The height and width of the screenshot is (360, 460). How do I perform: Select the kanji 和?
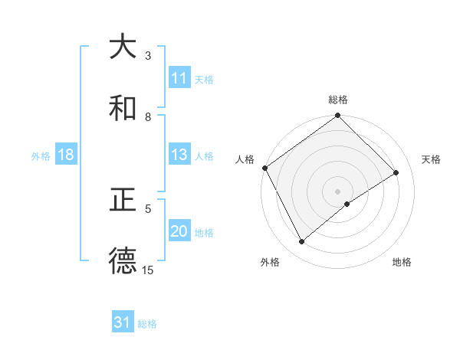[123, 109]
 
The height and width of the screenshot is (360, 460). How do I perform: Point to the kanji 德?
[123, 262]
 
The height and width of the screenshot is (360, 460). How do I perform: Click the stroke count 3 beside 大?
[148, 55]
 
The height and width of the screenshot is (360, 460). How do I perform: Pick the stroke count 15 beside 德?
[148, 270]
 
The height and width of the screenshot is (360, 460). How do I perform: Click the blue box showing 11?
[179, 78]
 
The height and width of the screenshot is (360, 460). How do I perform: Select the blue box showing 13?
[179, 155]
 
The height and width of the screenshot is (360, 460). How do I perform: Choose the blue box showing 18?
[66, 155]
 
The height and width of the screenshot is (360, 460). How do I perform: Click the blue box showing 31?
[123, 323]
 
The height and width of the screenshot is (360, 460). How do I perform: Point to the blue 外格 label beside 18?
[41, 156]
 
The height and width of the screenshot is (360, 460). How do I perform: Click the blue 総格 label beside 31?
[147, 324]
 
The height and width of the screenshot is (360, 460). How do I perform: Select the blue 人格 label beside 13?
[204, 156]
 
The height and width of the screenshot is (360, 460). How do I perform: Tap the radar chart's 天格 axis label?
[432, 159]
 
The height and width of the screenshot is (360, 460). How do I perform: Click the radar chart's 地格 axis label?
[402, 262]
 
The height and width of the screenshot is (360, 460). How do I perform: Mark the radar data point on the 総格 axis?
[338, 116]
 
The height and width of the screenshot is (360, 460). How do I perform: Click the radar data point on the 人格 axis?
[264, 168]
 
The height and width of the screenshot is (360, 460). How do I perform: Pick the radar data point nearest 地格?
[347, 204]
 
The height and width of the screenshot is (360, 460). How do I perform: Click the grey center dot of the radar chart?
[338, 191]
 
